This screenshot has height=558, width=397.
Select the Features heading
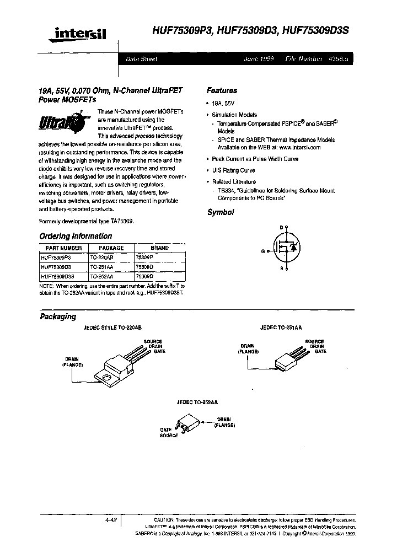pos(222,90)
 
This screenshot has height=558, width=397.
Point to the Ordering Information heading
pos(76,236)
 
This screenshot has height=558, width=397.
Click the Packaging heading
pos(57,316)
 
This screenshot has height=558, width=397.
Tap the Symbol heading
pos(220,212)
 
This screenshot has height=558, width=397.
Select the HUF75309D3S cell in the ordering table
pos(61,276)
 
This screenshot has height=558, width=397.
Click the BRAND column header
pos(159,248)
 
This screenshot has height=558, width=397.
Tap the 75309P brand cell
pos(144,257)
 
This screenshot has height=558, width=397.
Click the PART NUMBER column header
pos(61,248)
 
